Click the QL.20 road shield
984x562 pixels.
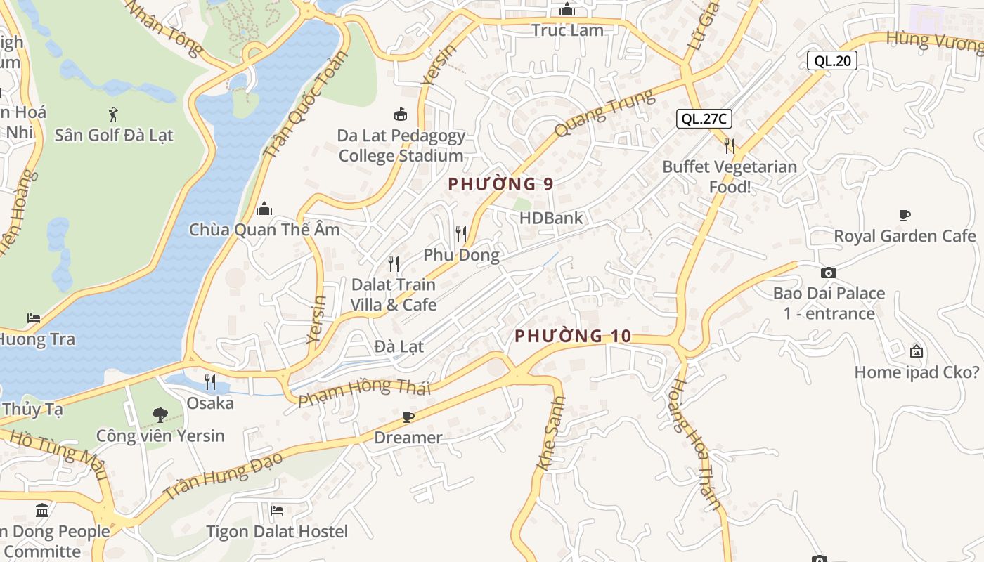click(x=831, y=60)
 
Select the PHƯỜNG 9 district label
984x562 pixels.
click(x=500, y=184)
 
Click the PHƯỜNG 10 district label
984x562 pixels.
click(x=573, y=336)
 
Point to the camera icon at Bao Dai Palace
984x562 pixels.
click(x=829, y=273)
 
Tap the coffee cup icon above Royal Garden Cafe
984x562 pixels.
click(x=905, y=215)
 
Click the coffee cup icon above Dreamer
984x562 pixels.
click(x=408, y=417)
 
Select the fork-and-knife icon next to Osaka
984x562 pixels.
click(x=210, y=382)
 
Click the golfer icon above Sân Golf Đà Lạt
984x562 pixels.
click(x=113, y=114)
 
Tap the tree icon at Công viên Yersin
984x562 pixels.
click(x=160, y=414)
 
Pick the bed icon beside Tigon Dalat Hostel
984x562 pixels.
click(x=277, y=510)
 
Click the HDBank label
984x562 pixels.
click(x=551, y=218)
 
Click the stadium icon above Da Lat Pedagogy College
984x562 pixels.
click(x=400, y=114)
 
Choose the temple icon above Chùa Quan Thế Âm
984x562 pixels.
click(x=264, y=209)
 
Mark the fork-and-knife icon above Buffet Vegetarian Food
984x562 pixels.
click(x=730, y=146)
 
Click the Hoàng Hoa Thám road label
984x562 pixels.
click(x=694, y=444)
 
